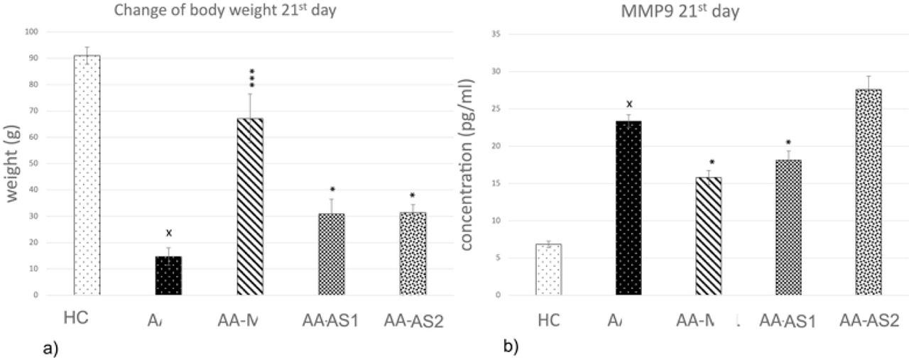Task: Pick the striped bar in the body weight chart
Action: pos(250,206)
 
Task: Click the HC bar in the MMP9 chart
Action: pos(548,269)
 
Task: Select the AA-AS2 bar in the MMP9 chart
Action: pos(868,192)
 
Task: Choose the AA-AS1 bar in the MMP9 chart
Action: pos(788,227)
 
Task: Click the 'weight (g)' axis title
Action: pos(13,164)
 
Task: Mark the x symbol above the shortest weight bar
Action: pos(169,233)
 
